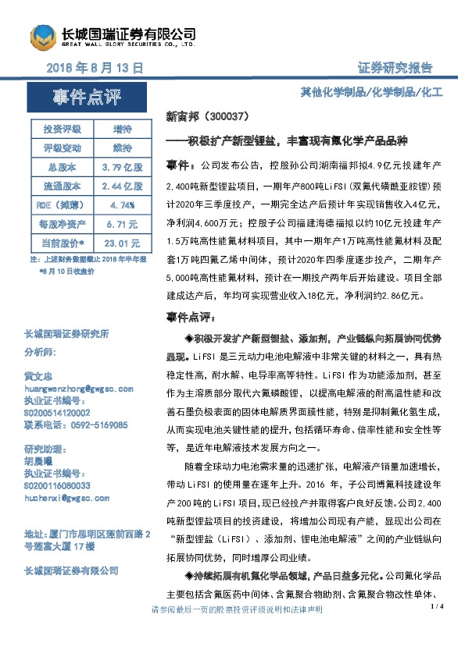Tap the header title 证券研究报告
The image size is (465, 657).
point(395,68)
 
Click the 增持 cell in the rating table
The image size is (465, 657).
point(122,129)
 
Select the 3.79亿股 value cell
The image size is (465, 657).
point(122,167)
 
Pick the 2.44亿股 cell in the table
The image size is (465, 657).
point(122,186)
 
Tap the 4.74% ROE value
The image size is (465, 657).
point(122,205)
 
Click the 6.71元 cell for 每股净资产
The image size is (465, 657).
point(122,224)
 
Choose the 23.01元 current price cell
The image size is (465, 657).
point(122,243)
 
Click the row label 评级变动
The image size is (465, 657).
point(60,147)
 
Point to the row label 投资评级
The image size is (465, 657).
point(60,129)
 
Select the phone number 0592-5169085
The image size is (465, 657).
point(97,425)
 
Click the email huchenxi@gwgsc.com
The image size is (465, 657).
point(65,496)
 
